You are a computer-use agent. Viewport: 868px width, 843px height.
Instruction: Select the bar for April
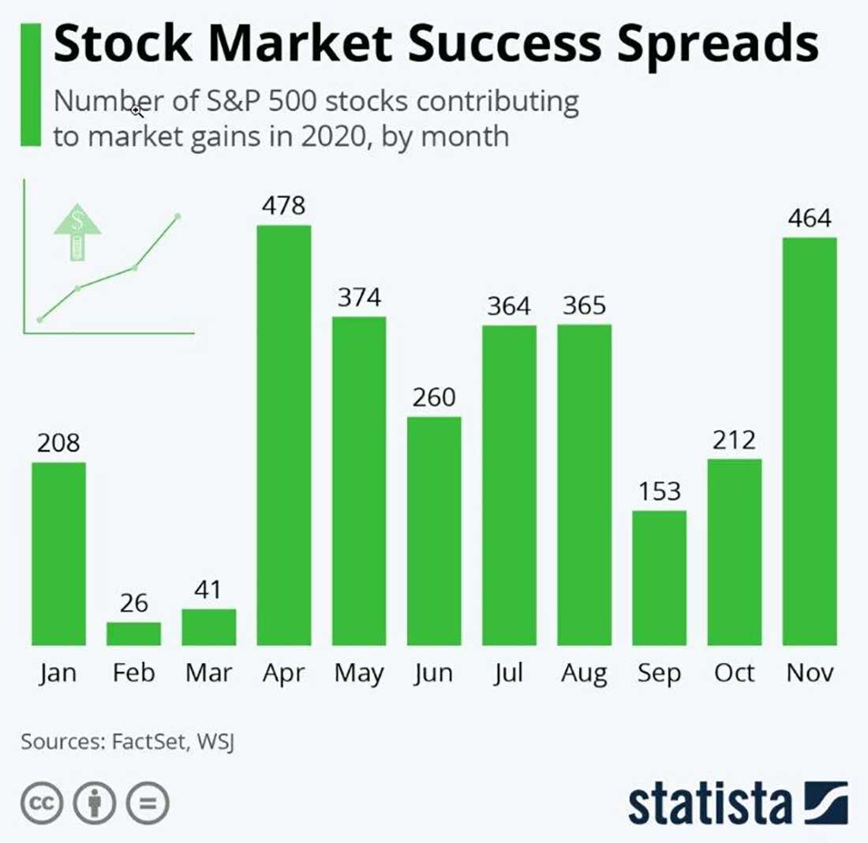click(x=284, y=435)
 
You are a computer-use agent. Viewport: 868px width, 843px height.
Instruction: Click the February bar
click(x=133, y=634)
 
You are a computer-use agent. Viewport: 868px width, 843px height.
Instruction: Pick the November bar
click(x=810, y=441)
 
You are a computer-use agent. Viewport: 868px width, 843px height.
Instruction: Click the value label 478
click(x=284, y=206)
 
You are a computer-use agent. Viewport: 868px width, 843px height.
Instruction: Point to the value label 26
click(x=133, y=604)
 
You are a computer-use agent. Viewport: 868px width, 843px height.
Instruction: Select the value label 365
click(x=584, y=305)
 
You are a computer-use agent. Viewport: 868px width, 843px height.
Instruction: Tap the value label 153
click(x=659, y=491)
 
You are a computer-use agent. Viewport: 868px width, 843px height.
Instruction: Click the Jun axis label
click(x=433, y=673)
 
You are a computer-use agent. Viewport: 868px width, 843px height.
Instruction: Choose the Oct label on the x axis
click(x=734, y=673)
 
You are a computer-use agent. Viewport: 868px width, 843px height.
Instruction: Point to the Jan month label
click(x=58, y=673)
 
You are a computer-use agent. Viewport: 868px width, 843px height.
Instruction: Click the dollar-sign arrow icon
click(x=77, y=231)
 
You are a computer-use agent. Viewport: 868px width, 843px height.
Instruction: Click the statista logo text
click(x=710, y=804)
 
